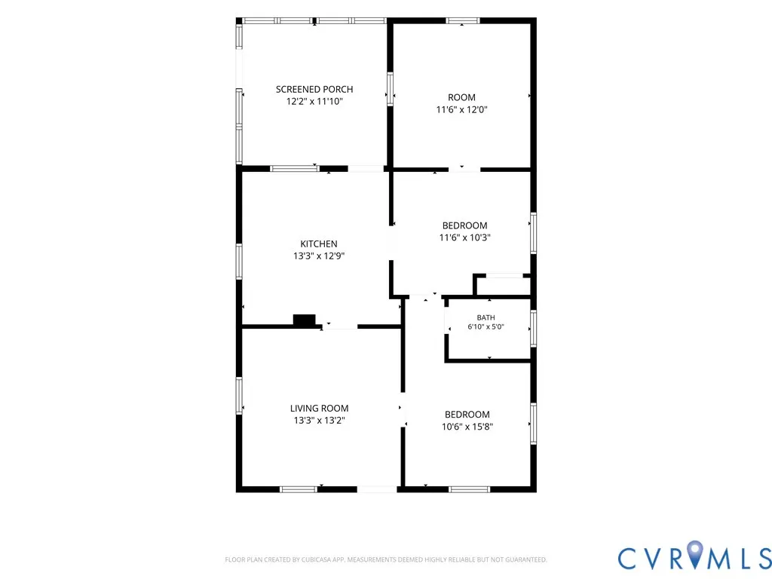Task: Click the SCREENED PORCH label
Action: (314, 89)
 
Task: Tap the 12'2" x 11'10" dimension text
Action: (314, 102)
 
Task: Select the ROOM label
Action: (461, 97)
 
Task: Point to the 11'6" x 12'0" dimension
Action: (461, 109)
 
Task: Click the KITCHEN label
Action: (319, 244)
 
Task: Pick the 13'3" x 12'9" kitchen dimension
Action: (319, 256)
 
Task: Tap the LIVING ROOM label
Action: (319, 408)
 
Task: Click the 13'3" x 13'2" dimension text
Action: (319, 421)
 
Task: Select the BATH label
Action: (486, 317)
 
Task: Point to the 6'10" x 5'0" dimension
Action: (486, 326)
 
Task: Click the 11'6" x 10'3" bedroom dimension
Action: (464, 237)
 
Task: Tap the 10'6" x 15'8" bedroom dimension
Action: (467, 427)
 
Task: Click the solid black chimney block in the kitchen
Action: (305, 320)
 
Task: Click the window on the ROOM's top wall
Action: (463, 20)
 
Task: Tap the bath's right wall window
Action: (533, 329)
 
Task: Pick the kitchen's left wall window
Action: (239, 262)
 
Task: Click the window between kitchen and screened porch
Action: (295, 169)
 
